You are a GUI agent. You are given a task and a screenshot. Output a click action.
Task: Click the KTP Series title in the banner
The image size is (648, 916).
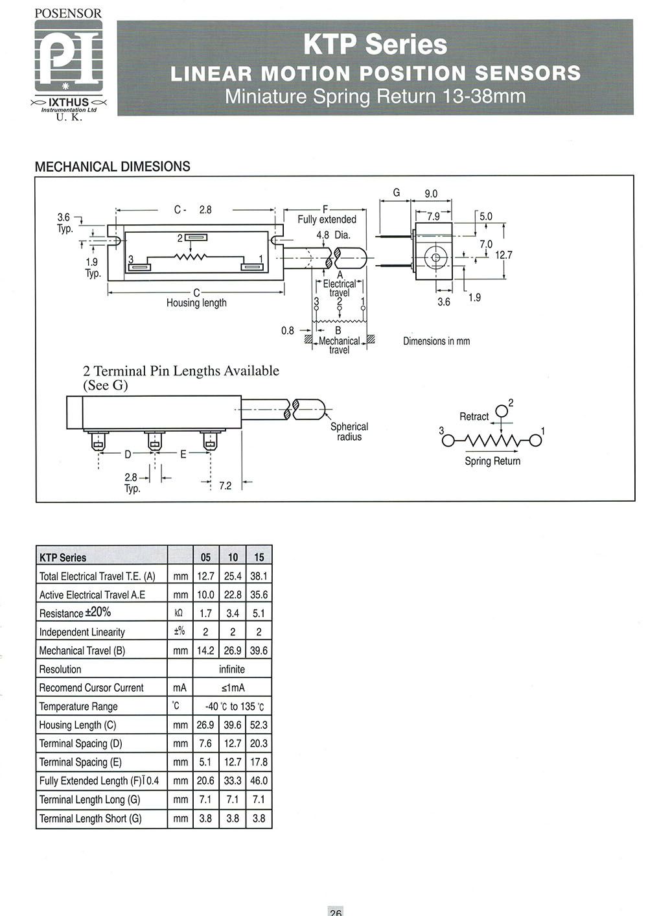click(375, 45)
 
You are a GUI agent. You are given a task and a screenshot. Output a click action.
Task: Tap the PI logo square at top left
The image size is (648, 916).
click(68, 56)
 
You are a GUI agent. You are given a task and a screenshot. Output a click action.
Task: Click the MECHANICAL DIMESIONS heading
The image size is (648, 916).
click(113, 167)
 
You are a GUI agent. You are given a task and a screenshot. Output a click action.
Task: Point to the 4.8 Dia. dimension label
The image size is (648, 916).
click(333, 235)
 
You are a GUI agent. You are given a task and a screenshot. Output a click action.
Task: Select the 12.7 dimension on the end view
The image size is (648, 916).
click(503, 255)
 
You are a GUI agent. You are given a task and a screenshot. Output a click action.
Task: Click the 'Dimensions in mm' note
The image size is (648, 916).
click(436, 341)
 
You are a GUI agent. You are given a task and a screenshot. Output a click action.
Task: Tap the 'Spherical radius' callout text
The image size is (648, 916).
click(349, 431)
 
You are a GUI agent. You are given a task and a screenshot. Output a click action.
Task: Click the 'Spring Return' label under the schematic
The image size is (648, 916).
click(492, 462)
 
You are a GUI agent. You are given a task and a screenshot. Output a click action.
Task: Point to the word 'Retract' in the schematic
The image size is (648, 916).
click(474, 416)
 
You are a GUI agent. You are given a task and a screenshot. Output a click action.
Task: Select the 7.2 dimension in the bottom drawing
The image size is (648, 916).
click(226, 486)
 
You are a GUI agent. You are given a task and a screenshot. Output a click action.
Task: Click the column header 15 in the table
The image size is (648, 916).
click(259, 558)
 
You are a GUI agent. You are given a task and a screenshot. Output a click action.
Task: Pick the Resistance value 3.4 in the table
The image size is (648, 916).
click(233, 613)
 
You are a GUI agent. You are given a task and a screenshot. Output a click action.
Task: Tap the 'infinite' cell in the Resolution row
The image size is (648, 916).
click(232, 670)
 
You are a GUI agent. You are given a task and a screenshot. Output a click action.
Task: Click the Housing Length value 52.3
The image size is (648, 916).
click(259, 725)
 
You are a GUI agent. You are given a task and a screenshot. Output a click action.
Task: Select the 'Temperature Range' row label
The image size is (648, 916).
click(78, 707)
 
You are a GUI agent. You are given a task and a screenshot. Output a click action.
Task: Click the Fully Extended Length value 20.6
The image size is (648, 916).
click(205, 781)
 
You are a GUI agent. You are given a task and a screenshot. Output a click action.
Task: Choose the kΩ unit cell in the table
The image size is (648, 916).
click(179, 613)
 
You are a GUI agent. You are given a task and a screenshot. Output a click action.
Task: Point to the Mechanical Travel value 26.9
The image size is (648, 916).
click(233, 651)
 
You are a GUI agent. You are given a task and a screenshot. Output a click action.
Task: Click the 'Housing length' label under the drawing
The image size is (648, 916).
click(196, 303)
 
